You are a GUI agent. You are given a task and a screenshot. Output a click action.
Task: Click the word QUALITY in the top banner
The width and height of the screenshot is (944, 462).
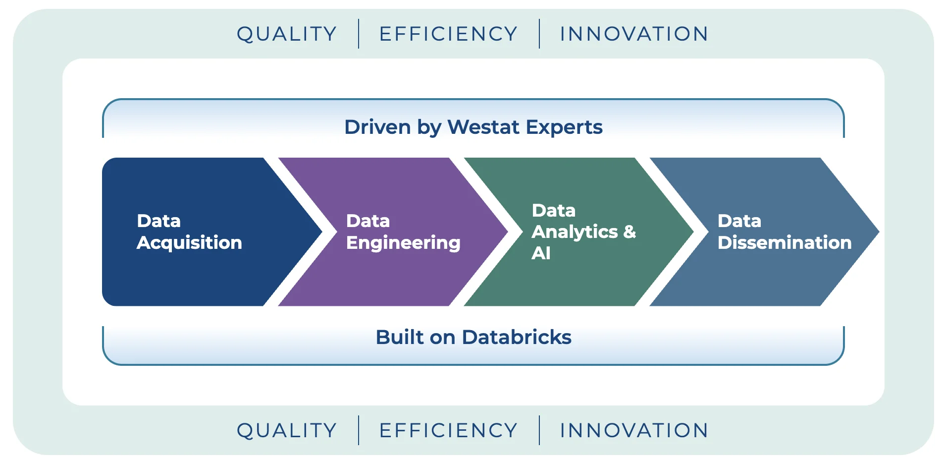coord(287,34)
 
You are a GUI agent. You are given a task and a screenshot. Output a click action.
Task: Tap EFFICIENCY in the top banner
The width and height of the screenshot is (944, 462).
coord(448,34)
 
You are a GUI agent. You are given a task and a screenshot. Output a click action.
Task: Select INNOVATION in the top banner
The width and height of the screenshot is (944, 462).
coord(634,34)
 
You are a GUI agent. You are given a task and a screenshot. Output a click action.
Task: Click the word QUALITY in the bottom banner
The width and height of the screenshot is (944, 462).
coord(287,431)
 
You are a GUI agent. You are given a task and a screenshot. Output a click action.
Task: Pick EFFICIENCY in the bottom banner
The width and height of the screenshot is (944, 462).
coord(448,430)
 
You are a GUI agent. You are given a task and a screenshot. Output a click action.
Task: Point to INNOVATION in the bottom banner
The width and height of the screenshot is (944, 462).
coord(634,430)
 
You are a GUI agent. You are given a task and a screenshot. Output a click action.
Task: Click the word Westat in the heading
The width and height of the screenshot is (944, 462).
coord(483,127)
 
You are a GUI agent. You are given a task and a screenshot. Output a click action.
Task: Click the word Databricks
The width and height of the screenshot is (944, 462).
coord(517,337)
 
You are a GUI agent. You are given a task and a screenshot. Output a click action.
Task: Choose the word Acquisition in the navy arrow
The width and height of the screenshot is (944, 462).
coord(190,243)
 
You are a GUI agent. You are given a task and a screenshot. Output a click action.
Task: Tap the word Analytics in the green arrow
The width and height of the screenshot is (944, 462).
coord(575,232)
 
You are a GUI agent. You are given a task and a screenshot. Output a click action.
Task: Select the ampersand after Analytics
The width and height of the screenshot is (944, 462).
coord(629,231)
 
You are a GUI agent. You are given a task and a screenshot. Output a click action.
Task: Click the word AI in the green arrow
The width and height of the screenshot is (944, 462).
coord(541,253)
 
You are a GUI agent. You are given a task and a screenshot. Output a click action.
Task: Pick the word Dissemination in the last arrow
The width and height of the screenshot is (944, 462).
coord(785,242)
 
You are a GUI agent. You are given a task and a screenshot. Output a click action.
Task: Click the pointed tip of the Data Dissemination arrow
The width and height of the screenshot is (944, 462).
coord(879,231)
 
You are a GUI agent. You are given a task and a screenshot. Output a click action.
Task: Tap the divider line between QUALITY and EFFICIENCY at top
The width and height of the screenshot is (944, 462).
coord(359,34)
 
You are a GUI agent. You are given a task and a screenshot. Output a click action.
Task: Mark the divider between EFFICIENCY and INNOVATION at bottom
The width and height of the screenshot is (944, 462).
coord(539,430)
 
